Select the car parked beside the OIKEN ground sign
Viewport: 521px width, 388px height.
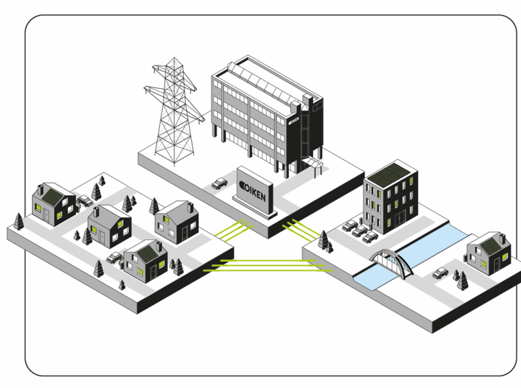(220, 183)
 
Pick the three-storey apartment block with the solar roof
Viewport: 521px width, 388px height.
(390, 199)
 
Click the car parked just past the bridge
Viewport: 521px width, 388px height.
(440, 273)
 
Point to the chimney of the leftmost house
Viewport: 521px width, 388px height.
(40, 189)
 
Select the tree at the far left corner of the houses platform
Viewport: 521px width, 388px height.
(19, 221)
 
